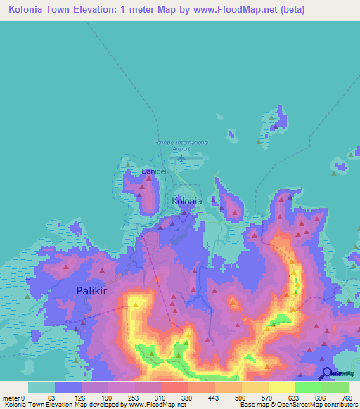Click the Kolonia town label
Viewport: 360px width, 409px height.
187,201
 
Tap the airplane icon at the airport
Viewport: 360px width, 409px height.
182,157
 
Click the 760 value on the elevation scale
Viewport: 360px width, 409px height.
345,397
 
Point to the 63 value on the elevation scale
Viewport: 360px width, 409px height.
51,397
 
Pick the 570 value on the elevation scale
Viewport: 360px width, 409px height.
266,397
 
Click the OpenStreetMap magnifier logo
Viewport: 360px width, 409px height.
326,375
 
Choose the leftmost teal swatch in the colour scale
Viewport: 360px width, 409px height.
41,387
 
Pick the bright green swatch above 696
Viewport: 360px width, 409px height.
308,387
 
